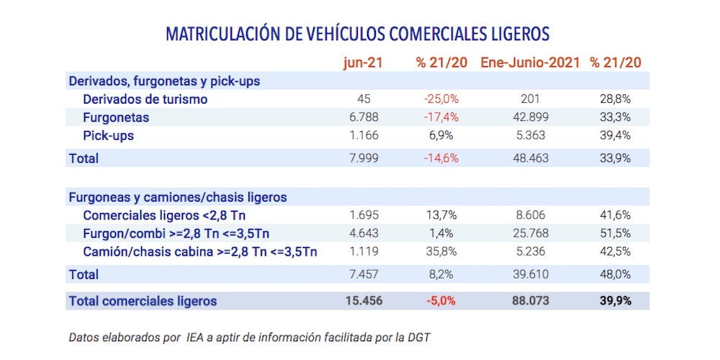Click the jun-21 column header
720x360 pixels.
click(363, 63)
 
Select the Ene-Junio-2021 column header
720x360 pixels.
click(530, 63)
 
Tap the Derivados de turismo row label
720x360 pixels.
click(145, 99)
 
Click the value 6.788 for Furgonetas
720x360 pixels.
click(363, 117)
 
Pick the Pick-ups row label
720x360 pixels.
click(109, 135)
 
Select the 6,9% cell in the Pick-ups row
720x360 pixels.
click(441, 135)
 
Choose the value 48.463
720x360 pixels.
click(530, 158)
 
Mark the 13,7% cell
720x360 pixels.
click(441, 215)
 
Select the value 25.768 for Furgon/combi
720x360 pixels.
click(530, 233)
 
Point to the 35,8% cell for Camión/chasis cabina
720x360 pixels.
click(441, 251)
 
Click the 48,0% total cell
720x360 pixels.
click(615, 274)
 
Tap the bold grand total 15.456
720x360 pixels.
click(363, 301)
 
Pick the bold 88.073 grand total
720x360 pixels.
click(530, 301)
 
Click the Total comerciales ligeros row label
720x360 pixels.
click(143, 301)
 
